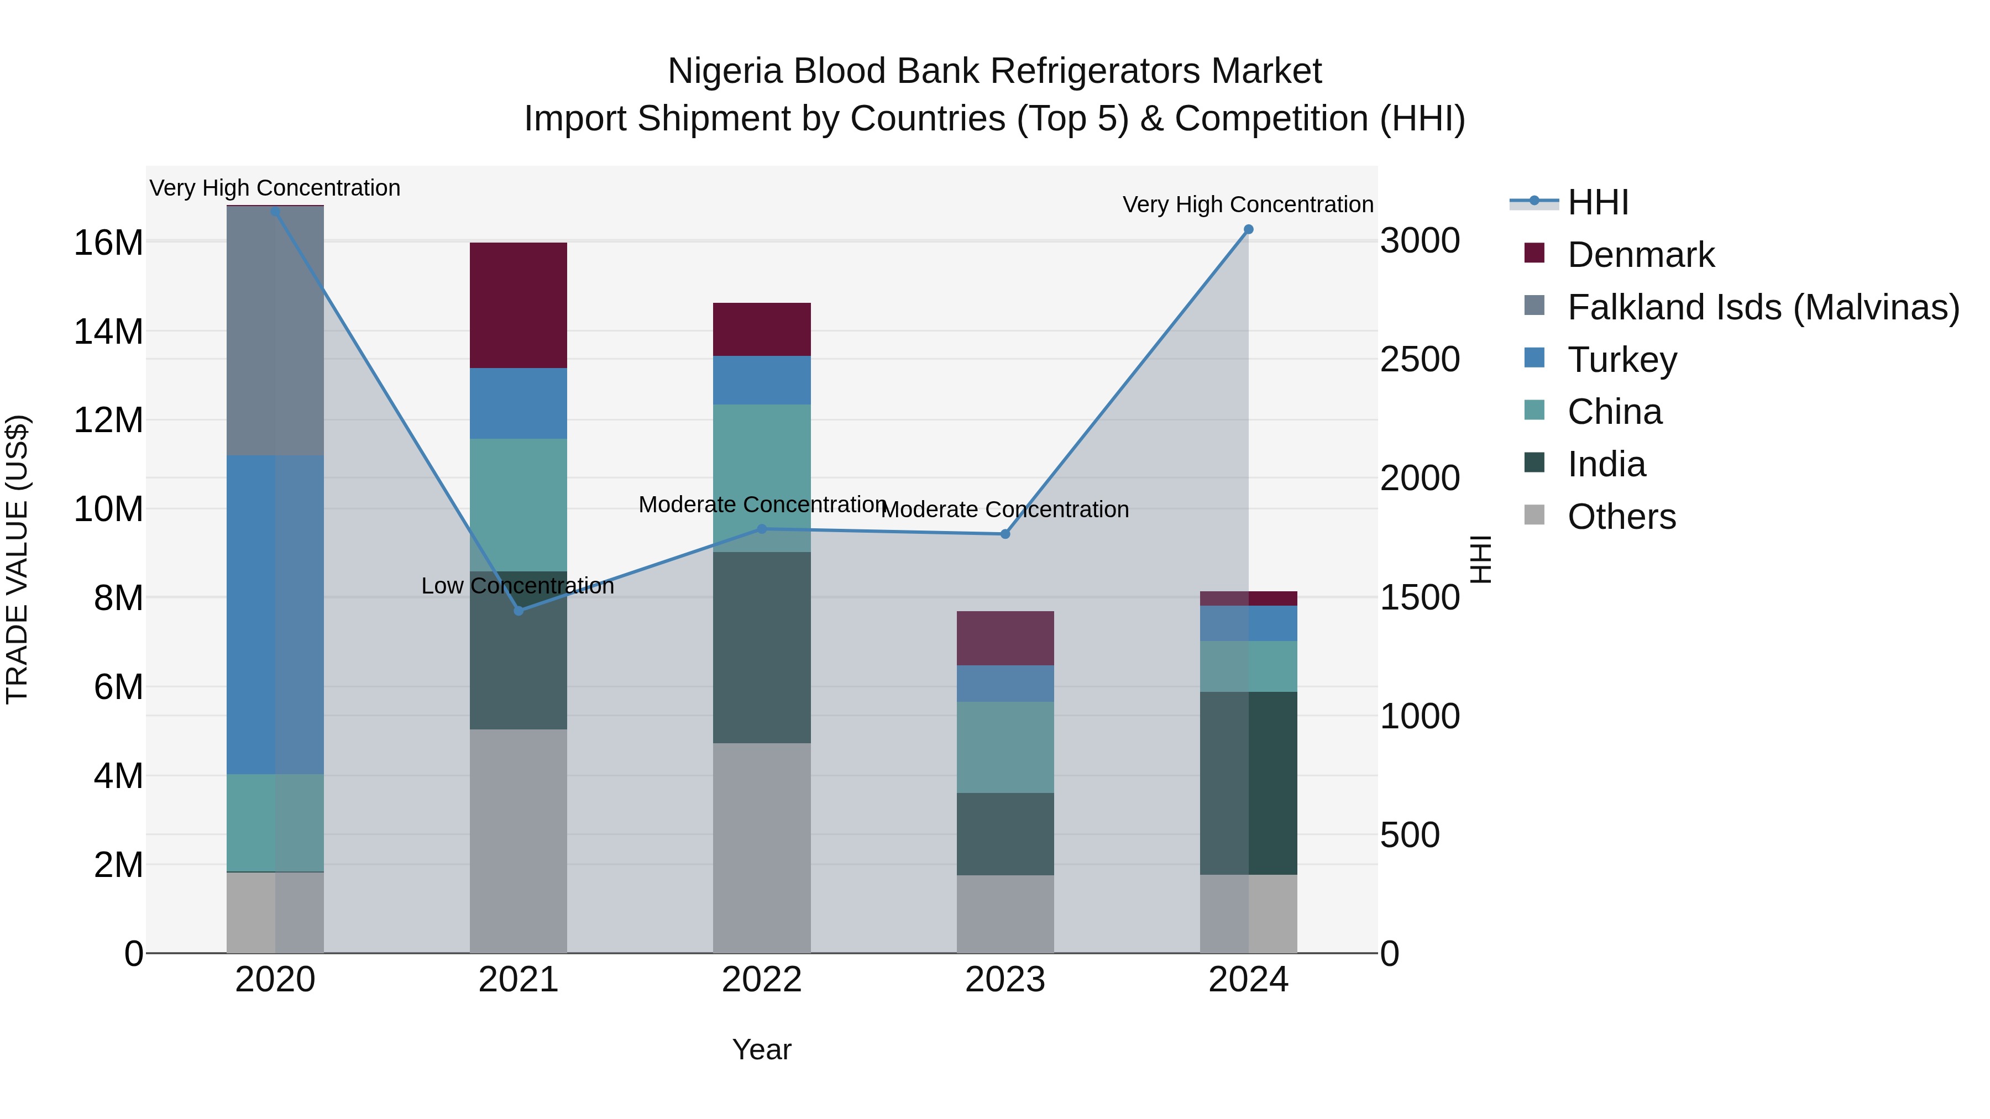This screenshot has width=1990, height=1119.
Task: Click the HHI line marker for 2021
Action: point(519,611)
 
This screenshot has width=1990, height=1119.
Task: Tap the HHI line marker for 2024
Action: point(1248,229)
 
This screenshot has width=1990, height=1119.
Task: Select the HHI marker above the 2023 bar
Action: point(1005,534)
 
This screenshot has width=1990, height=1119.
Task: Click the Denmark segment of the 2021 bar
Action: point(519,305)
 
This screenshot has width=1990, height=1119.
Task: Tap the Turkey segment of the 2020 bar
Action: point(275,614)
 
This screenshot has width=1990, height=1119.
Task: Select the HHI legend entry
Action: point(1598,202)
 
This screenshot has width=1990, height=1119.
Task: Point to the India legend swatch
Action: point(1534,464)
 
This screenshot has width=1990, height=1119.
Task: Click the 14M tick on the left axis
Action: point(108,332)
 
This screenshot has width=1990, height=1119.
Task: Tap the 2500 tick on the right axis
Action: point(1420,360)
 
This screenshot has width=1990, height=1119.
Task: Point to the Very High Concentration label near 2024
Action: point(1248,204)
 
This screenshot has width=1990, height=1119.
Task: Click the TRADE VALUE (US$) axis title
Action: point(17,559)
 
